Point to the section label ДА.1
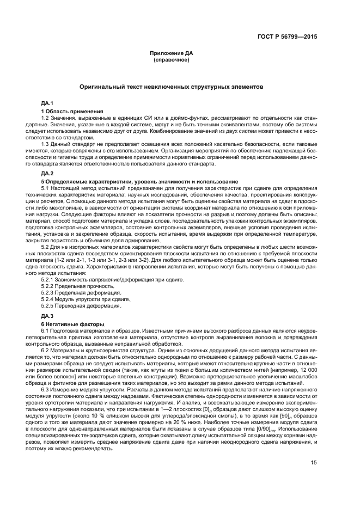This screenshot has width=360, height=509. pos(47,102)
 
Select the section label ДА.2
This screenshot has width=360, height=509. pos(47,173)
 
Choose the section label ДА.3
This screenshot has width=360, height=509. pos(47,315)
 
